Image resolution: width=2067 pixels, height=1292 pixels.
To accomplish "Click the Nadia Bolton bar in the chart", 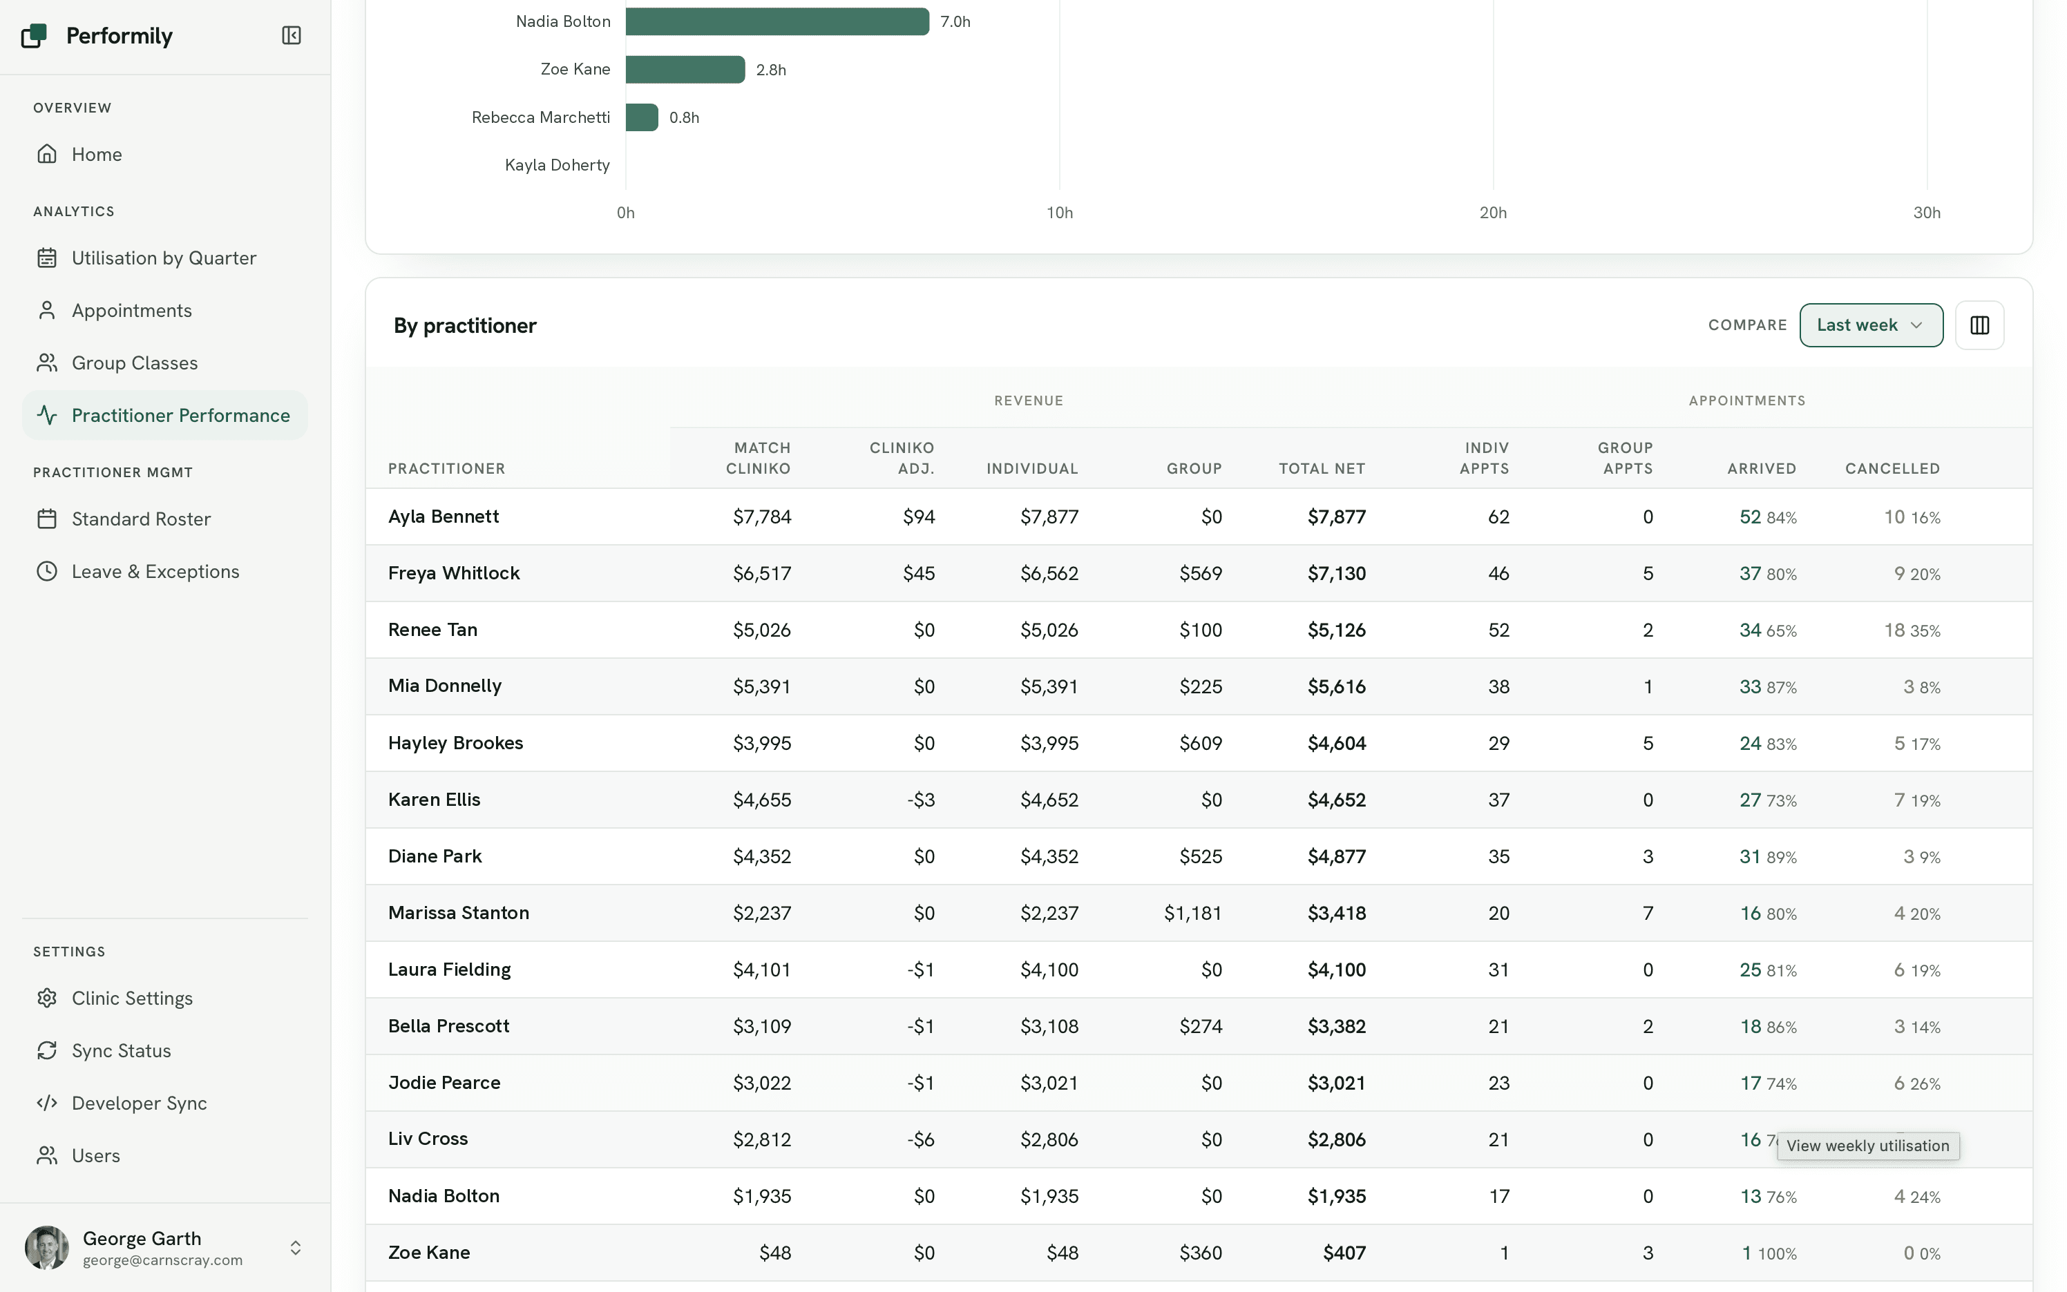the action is (777, 21).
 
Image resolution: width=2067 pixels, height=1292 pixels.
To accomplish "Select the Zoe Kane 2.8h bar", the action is (685, 69).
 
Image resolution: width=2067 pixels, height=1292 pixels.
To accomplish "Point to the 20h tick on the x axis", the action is (1492, 213).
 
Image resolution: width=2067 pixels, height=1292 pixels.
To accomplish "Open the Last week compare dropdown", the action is (1870, 325).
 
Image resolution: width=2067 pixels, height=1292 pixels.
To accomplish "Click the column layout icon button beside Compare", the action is (1979, 325).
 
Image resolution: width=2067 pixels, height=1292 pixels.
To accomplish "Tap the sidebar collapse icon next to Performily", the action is (292, 35).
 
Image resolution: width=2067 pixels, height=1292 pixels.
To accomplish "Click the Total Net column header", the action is (1322, 468).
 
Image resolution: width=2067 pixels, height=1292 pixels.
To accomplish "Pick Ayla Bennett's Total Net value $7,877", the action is (1336, 517).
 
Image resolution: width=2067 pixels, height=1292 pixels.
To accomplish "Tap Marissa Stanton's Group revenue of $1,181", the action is (1192, 914).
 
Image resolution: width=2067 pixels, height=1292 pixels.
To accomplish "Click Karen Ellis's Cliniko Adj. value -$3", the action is (921, 800).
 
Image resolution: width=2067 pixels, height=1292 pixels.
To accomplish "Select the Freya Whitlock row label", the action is (454, 573).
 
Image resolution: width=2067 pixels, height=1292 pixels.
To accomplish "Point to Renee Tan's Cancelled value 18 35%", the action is (1912, 630).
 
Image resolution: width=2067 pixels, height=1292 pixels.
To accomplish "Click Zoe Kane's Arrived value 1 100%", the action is (1769, 1253).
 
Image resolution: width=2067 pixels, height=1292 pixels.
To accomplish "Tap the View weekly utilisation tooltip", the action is (1868, 1146).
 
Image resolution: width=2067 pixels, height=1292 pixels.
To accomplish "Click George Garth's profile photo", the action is (47, 1248).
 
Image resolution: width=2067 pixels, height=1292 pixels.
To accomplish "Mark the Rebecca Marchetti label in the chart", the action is (540, 117).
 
